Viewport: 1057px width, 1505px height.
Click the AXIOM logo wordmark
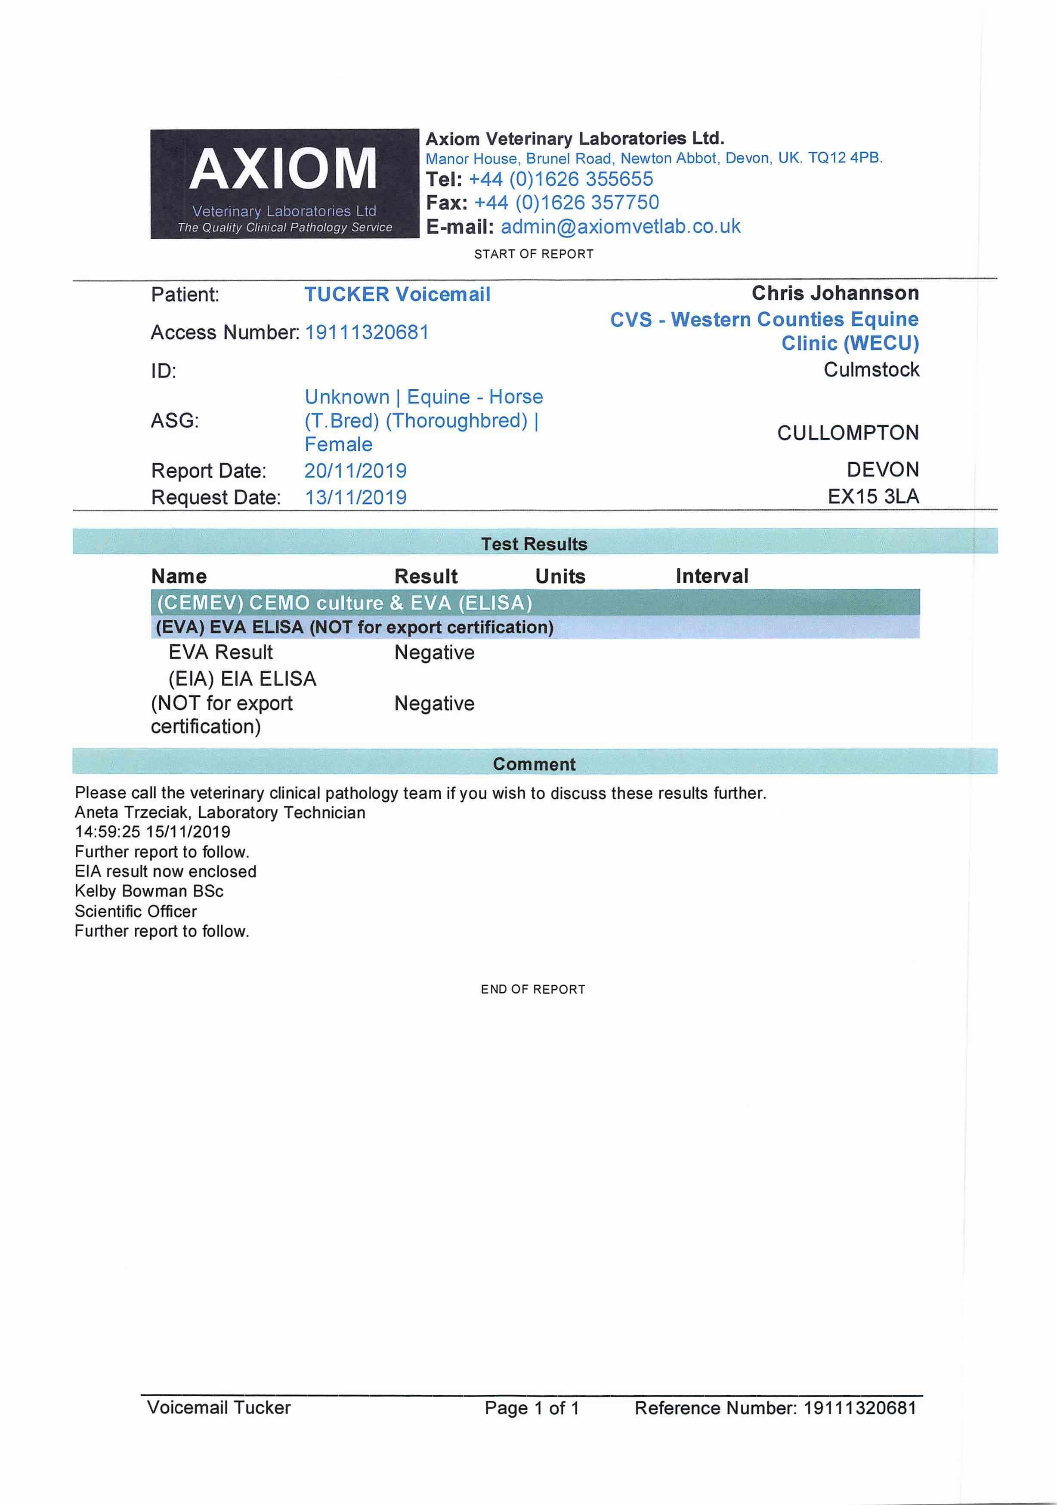coord(283,169)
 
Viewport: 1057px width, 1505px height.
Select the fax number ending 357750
coord(566,203)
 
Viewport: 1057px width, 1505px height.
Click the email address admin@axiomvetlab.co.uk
coord(620,227)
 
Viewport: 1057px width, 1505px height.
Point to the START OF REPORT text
coord(534,254)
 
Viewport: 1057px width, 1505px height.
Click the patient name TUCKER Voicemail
coord(397,294)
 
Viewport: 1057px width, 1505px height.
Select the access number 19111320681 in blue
coord(367,332)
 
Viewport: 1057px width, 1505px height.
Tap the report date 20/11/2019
coord(355,471)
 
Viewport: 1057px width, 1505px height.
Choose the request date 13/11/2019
coord(355,498)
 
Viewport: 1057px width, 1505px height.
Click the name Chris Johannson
coord(835,293)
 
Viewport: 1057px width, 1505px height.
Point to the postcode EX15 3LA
coord(873,496)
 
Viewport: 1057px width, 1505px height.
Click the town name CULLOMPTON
coord(848,433)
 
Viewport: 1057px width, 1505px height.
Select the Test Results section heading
coord(534,544)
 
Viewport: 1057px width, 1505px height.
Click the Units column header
coord(560,576)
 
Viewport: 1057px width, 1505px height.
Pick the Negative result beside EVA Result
coord(434,653)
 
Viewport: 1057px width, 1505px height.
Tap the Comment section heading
coord(534,764)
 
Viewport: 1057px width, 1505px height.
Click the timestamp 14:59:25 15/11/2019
coord(152,832)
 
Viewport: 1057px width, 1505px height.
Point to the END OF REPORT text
coord(532,989)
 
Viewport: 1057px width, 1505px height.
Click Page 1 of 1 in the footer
coord(532,1408)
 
